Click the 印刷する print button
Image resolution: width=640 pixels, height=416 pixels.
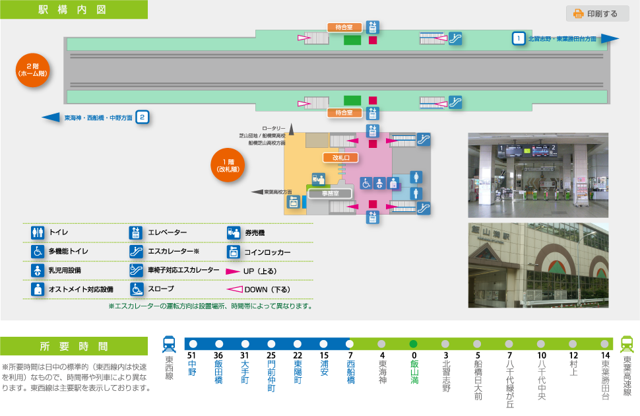pyautogui.click(x=597, y=14)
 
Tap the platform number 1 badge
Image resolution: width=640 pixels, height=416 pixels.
pyautogui.click(x=519, y=38)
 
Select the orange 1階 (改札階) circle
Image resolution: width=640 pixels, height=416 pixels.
pyautogui.click(x=227, y=165)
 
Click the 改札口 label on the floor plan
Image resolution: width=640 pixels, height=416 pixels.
pyautogui.click(x=344, y=158)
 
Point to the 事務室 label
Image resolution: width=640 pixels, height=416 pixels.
pyautogui.click(x=330, y=193)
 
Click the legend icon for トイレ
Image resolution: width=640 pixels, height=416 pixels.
pyautogui.click(x=38, y=233)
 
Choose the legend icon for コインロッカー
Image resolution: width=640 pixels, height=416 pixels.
pyautogui.click(x=233, y=252)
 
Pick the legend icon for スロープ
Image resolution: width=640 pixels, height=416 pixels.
pyautogui.click(x=136, y=289)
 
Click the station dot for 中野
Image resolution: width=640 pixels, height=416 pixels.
pyautogui.click(x=193, y=344)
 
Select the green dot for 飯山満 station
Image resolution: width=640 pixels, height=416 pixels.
pyautogui.click(x=414, y=344)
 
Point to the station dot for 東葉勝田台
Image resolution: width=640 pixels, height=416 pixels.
pyautogui.click(x=605, y=344)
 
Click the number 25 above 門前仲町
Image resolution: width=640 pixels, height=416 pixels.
pyautogui.click(x=271, y=357)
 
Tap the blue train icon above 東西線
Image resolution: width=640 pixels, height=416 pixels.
pyautogui.click(x=169, y=344)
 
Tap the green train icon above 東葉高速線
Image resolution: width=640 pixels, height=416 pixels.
pyautogui.click(x=627, y=344)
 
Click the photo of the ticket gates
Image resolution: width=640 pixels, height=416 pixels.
pyautogui.click(x=538, y=175)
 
